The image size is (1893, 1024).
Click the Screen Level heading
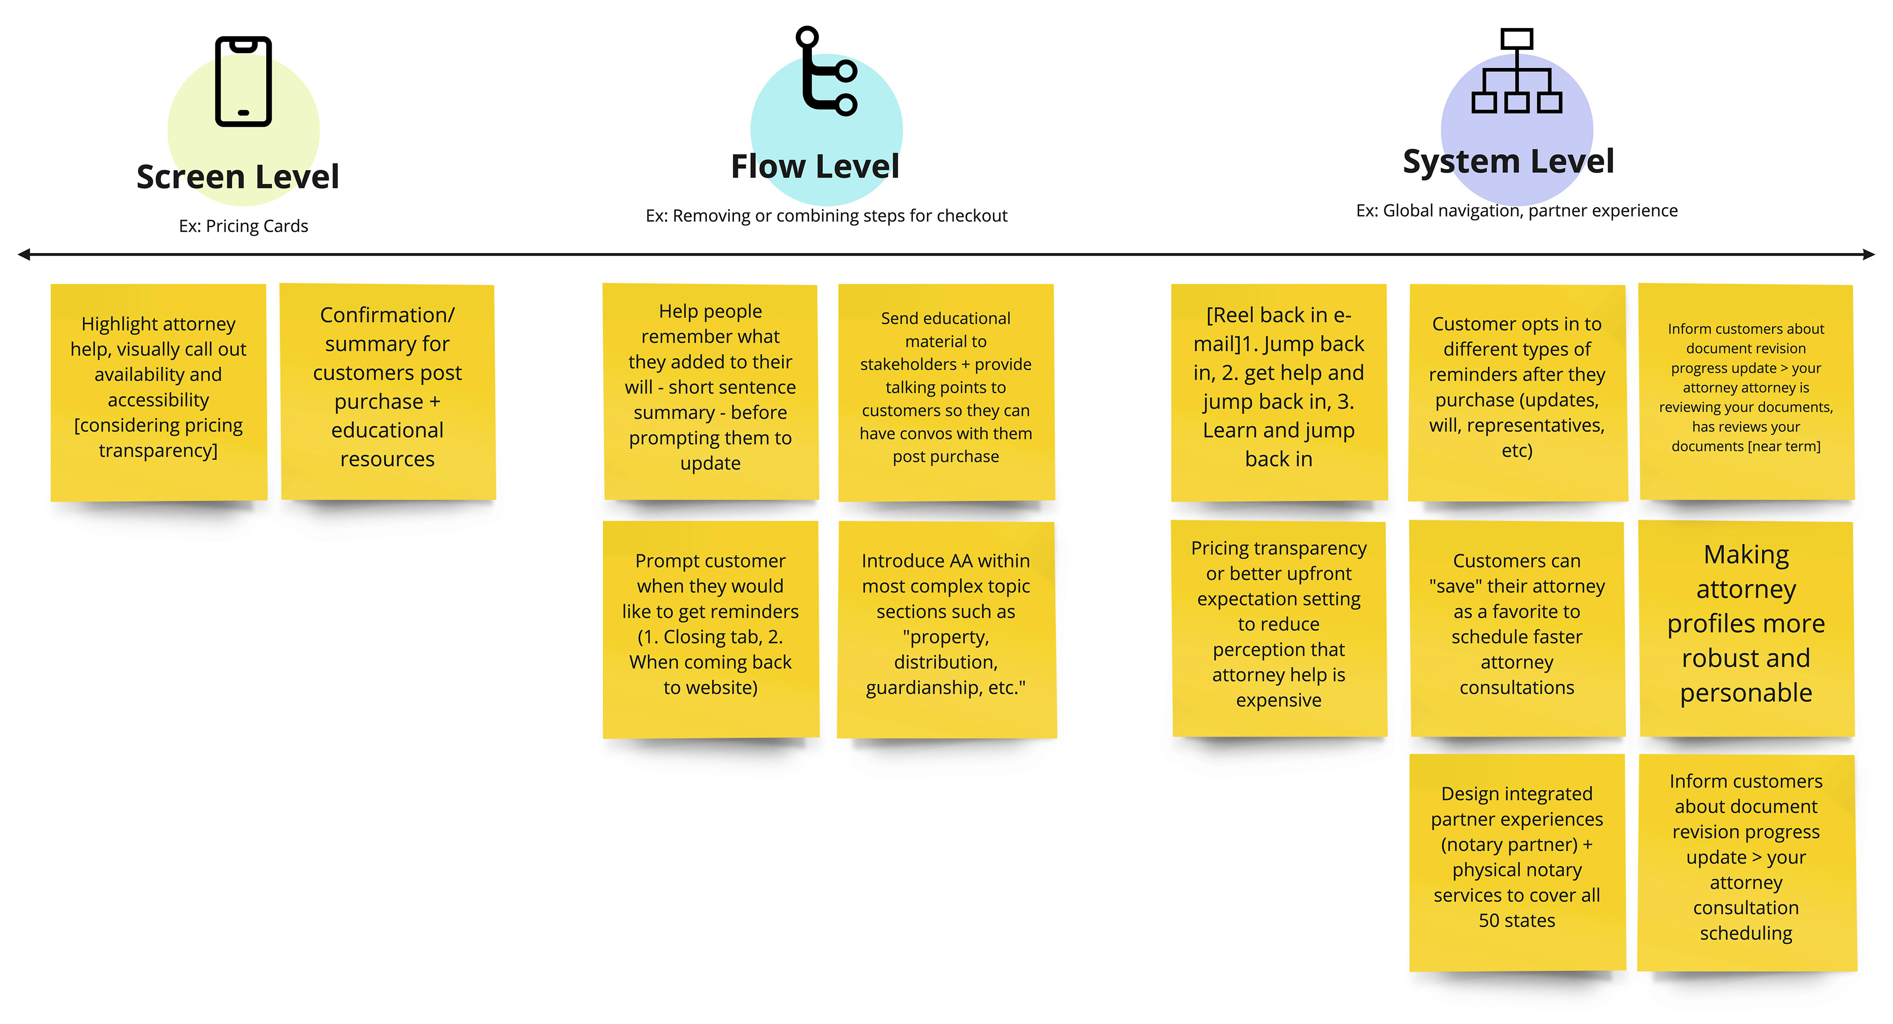point(237,177)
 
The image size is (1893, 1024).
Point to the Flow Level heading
point(815,166)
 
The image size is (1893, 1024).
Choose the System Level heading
point(1508,162)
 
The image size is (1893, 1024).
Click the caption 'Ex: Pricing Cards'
point(243,226)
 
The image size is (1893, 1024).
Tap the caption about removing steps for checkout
point(826,216)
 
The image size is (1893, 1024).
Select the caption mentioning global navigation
point(1517,211)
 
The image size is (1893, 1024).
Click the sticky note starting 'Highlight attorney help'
point(159,392)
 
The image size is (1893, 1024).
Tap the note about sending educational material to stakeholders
point(946,392)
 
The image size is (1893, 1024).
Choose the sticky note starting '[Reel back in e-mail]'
point(1279,392)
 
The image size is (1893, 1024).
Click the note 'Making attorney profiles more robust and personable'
point(1747,629)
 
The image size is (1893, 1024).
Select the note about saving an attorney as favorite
point(1517,629)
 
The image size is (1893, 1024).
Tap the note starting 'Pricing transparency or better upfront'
point(1279,629)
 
